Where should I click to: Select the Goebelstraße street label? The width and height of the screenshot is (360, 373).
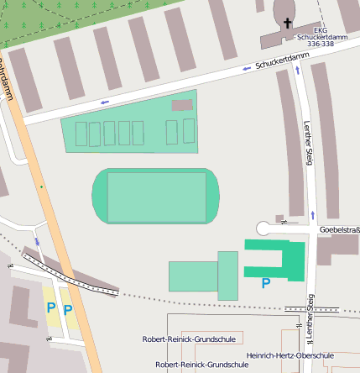point(340,229)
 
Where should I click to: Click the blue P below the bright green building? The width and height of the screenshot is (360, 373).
point(266,284)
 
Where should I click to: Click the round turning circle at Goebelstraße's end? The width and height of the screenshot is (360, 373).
point(264,228)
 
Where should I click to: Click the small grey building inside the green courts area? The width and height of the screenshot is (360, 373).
point(182,106)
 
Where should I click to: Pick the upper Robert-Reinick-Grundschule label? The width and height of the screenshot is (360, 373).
point(189,339)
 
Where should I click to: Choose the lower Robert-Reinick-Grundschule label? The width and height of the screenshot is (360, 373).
point(202,365)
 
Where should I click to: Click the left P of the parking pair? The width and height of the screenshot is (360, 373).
point(50,308)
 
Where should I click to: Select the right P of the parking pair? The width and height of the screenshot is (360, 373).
point(68,310)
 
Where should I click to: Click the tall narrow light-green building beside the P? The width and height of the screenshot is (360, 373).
point(227,276)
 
